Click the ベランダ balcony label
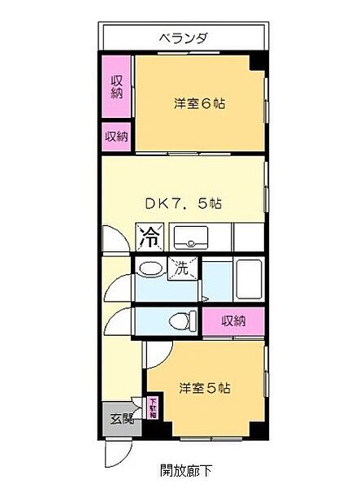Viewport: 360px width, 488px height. tap(183, 37)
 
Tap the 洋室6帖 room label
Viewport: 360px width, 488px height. tap(199, 103)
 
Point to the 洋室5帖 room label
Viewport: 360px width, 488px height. tap(204, 388)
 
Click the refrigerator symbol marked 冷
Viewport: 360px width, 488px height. tap(150, 237)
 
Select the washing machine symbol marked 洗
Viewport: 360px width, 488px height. tap(182, 268)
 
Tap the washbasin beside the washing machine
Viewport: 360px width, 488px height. tap(148, 268)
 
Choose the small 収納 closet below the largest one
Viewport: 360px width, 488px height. tap(116, 136)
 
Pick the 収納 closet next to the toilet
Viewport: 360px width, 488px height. tap(234, 321)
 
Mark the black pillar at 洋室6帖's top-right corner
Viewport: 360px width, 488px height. tap(257, 62)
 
